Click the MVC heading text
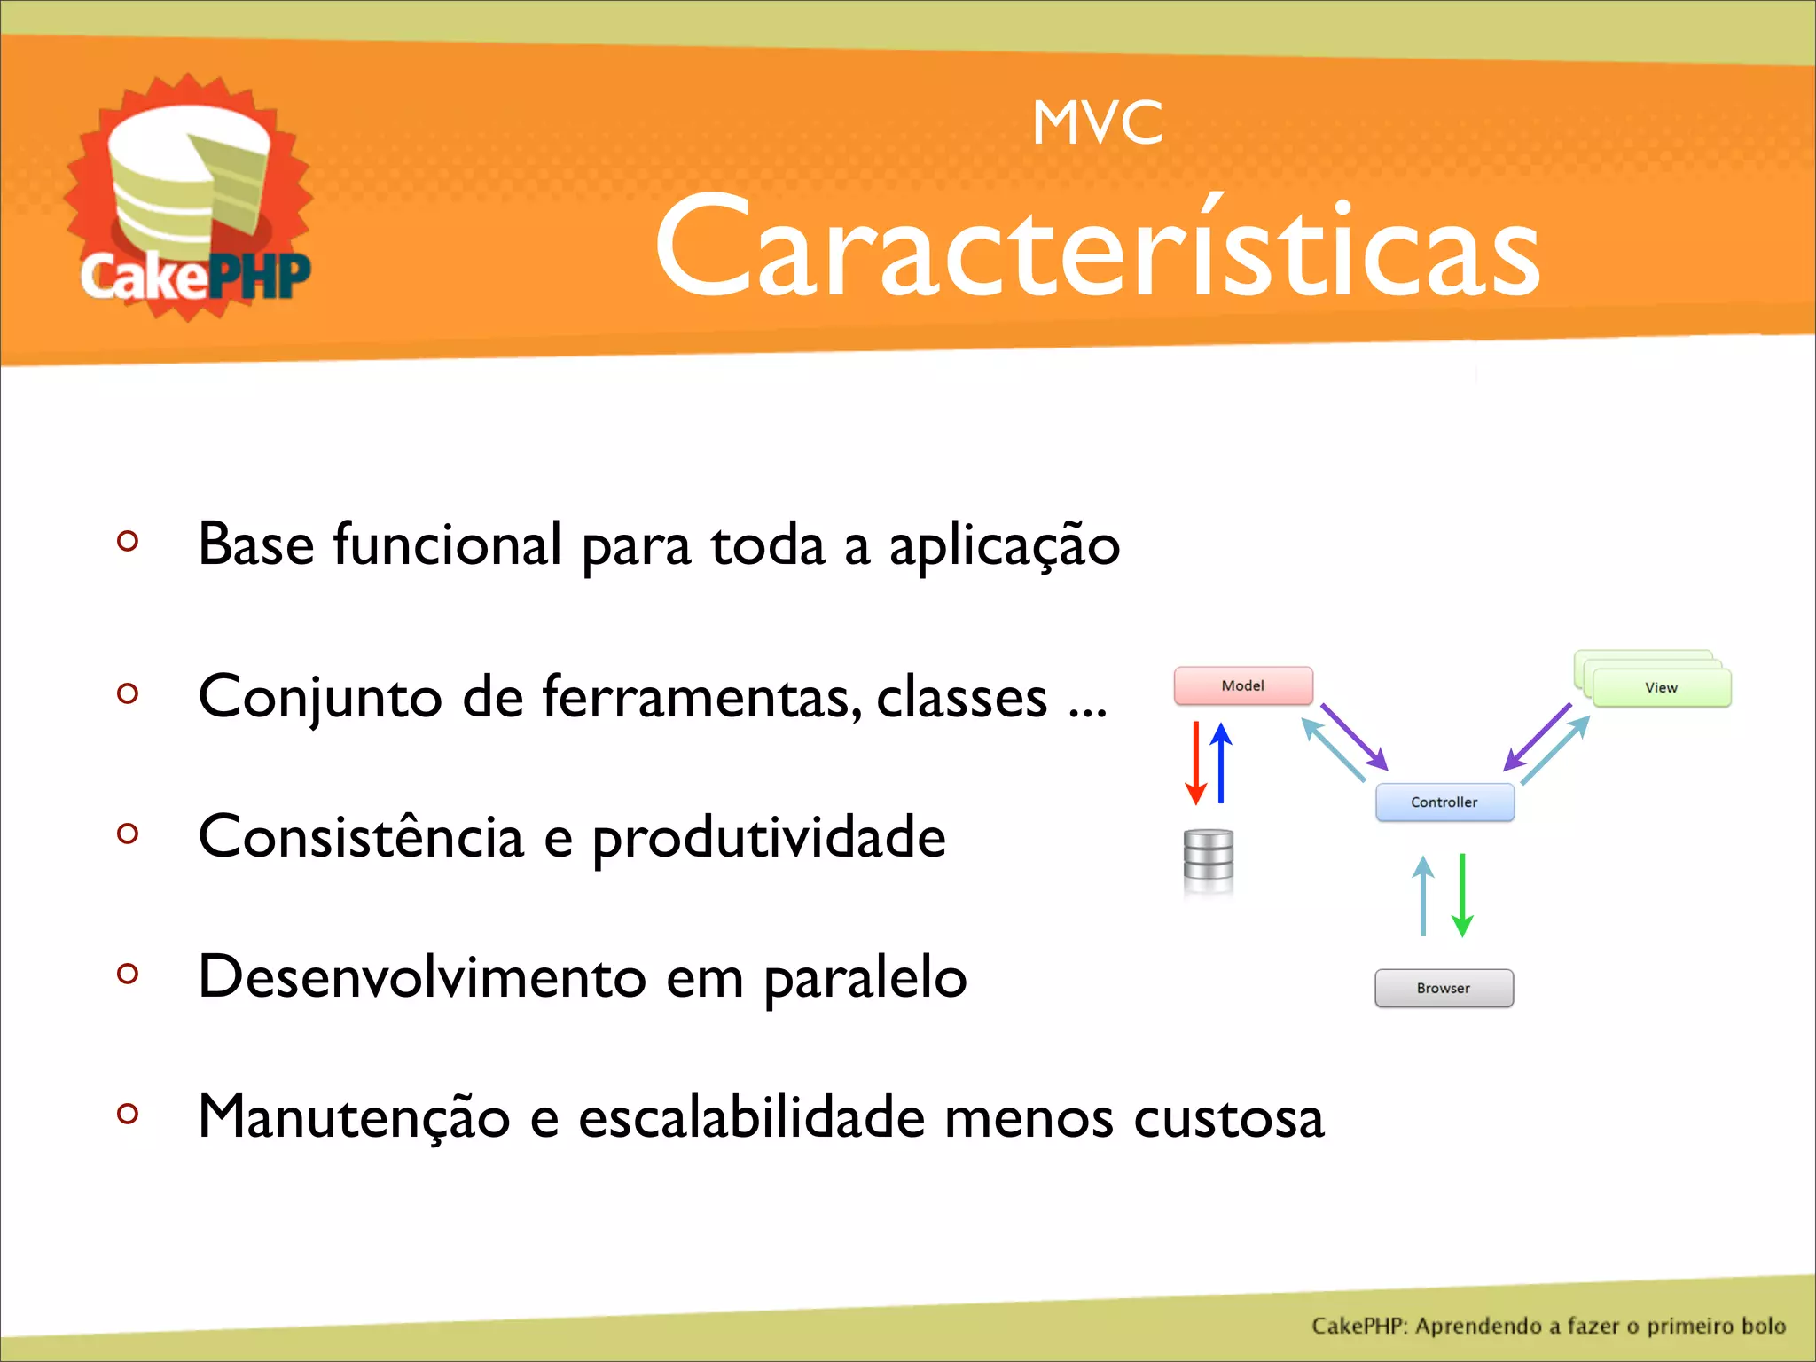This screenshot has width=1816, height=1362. pos(1097,123)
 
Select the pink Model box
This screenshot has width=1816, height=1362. pos(1243,685)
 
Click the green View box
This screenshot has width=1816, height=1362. pos(1661,687)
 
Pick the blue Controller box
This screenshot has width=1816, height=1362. pos(1444,802)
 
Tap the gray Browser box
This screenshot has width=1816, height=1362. pos(1444,988)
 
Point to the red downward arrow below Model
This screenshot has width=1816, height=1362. pos(1196,763)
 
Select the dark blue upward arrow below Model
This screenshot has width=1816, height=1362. pos(1221,763)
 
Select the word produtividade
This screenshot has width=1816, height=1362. pos(769,838)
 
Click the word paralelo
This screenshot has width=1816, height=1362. pos(865,977)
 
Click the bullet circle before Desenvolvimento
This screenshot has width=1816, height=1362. pos(128,974)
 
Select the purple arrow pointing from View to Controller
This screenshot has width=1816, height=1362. pos(1538,737)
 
